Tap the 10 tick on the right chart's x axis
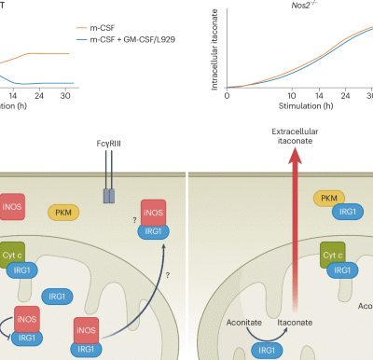pyautogui.click(x=292, y=95)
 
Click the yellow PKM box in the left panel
pyautogui.click(x=63, y=214)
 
